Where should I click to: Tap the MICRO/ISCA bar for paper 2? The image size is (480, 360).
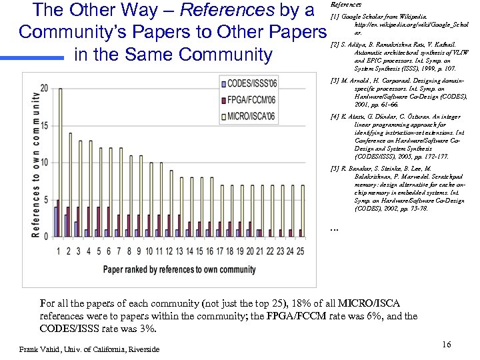71,184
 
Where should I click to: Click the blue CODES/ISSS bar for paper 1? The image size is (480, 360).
55,221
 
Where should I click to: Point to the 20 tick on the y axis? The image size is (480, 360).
44,88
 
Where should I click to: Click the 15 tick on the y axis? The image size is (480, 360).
44,125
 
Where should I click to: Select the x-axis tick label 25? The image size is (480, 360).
300,251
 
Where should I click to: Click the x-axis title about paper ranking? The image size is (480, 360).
179,269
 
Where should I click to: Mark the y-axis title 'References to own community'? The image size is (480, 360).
35,163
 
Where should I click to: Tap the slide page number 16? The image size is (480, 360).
447,344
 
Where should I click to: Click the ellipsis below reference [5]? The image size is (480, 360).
335,230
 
